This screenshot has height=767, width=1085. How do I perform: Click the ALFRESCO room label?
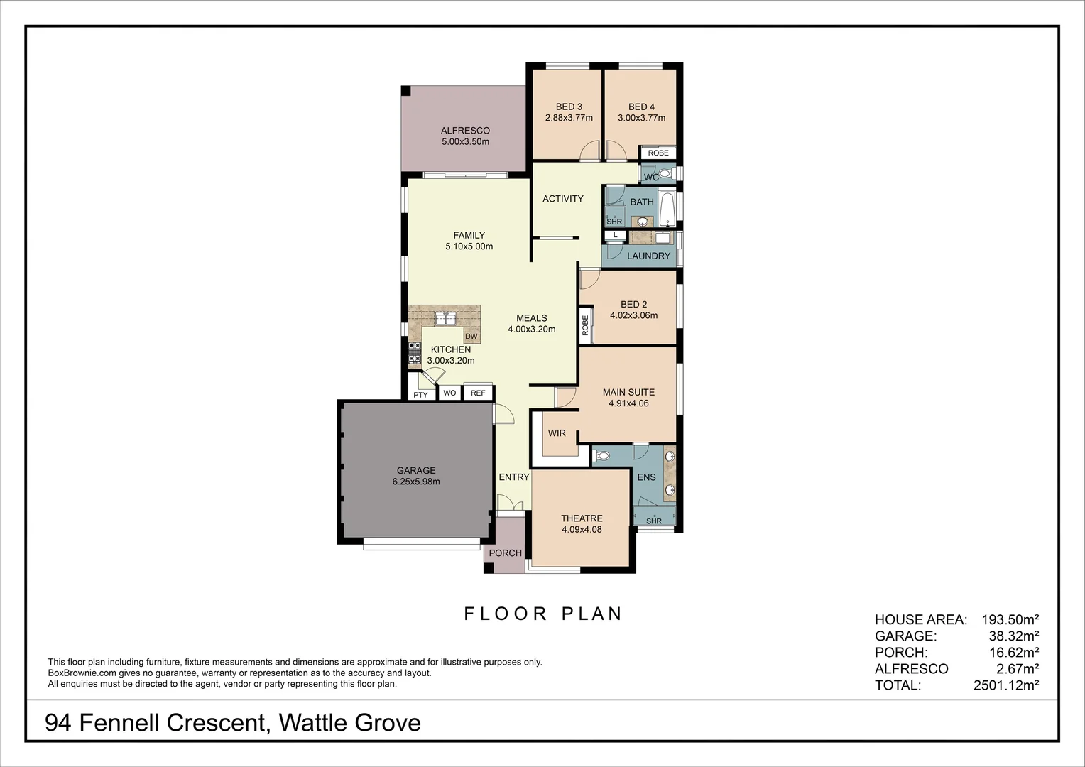click(465, 131)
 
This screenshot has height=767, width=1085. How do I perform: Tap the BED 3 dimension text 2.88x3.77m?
click(569, 118)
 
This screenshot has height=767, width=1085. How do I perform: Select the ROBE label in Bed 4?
click(658, 153)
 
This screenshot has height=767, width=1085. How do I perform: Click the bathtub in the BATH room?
click(667, 207)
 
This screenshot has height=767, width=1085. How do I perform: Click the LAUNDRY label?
click(648, 256)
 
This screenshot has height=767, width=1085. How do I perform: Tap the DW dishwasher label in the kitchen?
click(471, 337)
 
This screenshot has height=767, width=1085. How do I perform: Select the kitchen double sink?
click(446, 318)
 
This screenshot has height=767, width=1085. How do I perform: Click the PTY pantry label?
click(420, 395)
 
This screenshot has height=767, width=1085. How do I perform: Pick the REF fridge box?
click(478, 393)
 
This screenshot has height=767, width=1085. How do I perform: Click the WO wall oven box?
click(449, 393)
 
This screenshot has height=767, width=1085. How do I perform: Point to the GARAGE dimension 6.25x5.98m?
click(416, 482)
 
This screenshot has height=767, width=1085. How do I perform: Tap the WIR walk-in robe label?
click(557, 433)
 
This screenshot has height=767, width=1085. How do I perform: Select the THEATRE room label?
click(582, 518)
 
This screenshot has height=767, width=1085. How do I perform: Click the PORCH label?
click(506, 553)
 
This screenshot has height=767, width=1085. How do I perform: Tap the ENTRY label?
click(513, 477)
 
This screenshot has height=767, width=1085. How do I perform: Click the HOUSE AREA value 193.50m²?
click(1010, 620)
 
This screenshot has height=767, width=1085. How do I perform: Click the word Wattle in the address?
click(317, 723)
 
